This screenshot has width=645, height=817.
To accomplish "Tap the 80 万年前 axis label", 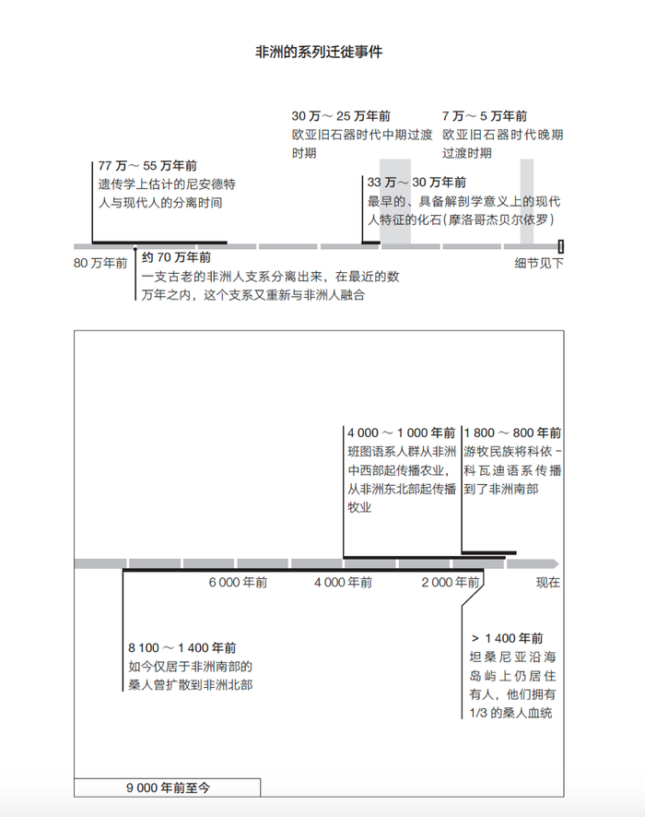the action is pos(100,264).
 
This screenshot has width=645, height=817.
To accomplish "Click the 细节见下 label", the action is pos(539,264).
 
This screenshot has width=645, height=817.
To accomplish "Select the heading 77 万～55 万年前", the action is pos(147,166).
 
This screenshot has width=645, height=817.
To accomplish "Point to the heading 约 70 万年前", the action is pos(176,257).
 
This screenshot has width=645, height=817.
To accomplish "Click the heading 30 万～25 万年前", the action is pos(341,116).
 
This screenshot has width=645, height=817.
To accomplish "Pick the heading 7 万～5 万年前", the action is pos(485,116).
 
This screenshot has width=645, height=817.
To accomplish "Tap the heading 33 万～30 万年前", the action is pos(416,183).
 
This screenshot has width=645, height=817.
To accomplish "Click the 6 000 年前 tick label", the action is pos(238,583).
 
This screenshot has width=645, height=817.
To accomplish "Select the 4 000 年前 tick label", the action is pos(343,583).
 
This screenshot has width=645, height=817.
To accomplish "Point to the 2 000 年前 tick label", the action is pos(451,583).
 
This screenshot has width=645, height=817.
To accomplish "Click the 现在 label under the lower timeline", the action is pos(548,583).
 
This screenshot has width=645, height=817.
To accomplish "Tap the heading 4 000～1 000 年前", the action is pos(401,432).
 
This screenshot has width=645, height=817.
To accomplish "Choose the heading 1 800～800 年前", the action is pos(513,432).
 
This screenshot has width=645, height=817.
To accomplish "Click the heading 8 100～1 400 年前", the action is pos(182,648).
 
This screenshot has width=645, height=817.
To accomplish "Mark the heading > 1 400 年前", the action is pos(507,638).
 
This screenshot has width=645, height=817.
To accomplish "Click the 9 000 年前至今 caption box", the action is pos(168,787).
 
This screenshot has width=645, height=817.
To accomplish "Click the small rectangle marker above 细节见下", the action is pos(560,246).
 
